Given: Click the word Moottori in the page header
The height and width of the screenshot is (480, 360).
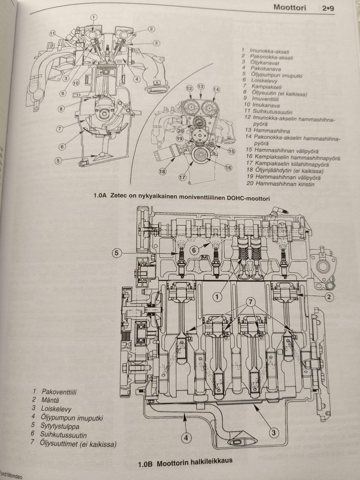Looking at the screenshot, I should point(289,7).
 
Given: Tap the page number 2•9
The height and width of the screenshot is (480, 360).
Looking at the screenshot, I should point(328,8).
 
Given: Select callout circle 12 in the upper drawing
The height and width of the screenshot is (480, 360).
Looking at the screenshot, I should point(189,88).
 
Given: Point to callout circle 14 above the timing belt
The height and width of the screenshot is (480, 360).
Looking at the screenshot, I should point(216,90).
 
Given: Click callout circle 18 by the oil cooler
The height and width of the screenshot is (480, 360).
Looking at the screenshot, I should point(162,172).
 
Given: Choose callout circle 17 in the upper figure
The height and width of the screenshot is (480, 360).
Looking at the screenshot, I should point(182,177).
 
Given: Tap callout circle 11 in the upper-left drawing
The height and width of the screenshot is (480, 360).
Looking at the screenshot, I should point(52,33).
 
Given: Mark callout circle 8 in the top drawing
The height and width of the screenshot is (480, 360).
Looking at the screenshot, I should point(61,109).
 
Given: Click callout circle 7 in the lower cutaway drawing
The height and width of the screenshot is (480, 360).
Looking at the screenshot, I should point(251,302).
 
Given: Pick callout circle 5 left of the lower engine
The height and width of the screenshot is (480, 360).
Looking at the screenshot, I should point(117,253).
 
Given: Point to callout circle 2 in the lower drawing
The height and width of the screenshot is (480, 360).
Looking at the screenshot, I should point(328,297).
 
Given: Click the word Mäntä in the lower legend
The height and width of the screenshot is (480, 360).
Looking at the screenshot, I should point(51,400).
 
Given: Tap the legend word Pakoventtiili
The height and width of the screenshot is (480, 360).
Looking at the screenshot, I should point(59,392).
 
